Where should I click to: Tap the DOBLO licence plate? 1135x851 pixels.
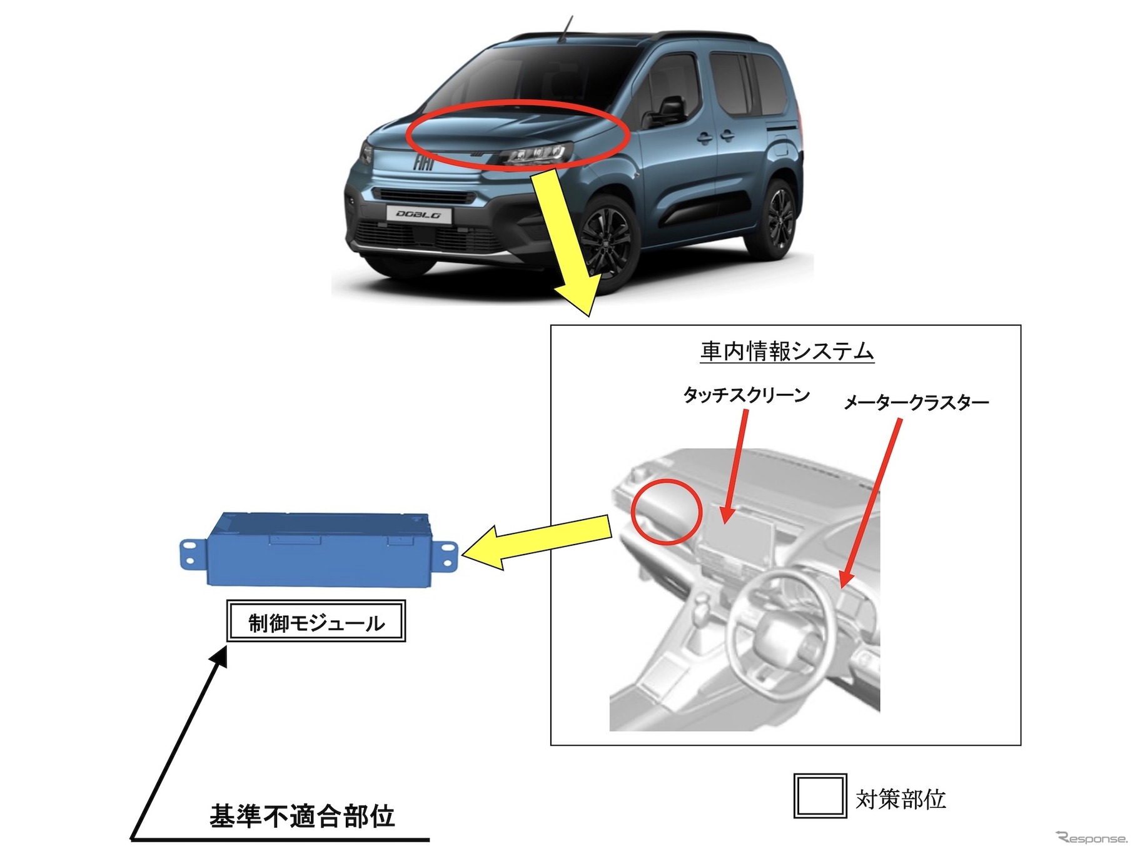click(419, 214)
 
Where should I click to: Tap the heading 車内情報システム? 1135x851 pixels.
click(787, 351)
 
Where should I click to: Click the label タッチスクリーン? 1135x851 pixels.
click(747, 395)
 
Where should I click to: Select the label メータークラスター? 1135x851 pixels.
click(916, 403)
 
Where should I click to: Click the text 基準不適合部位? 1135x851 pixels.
click(302, 816)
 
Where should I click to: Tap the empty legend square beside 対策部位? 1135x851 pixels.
click(820, 795)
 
